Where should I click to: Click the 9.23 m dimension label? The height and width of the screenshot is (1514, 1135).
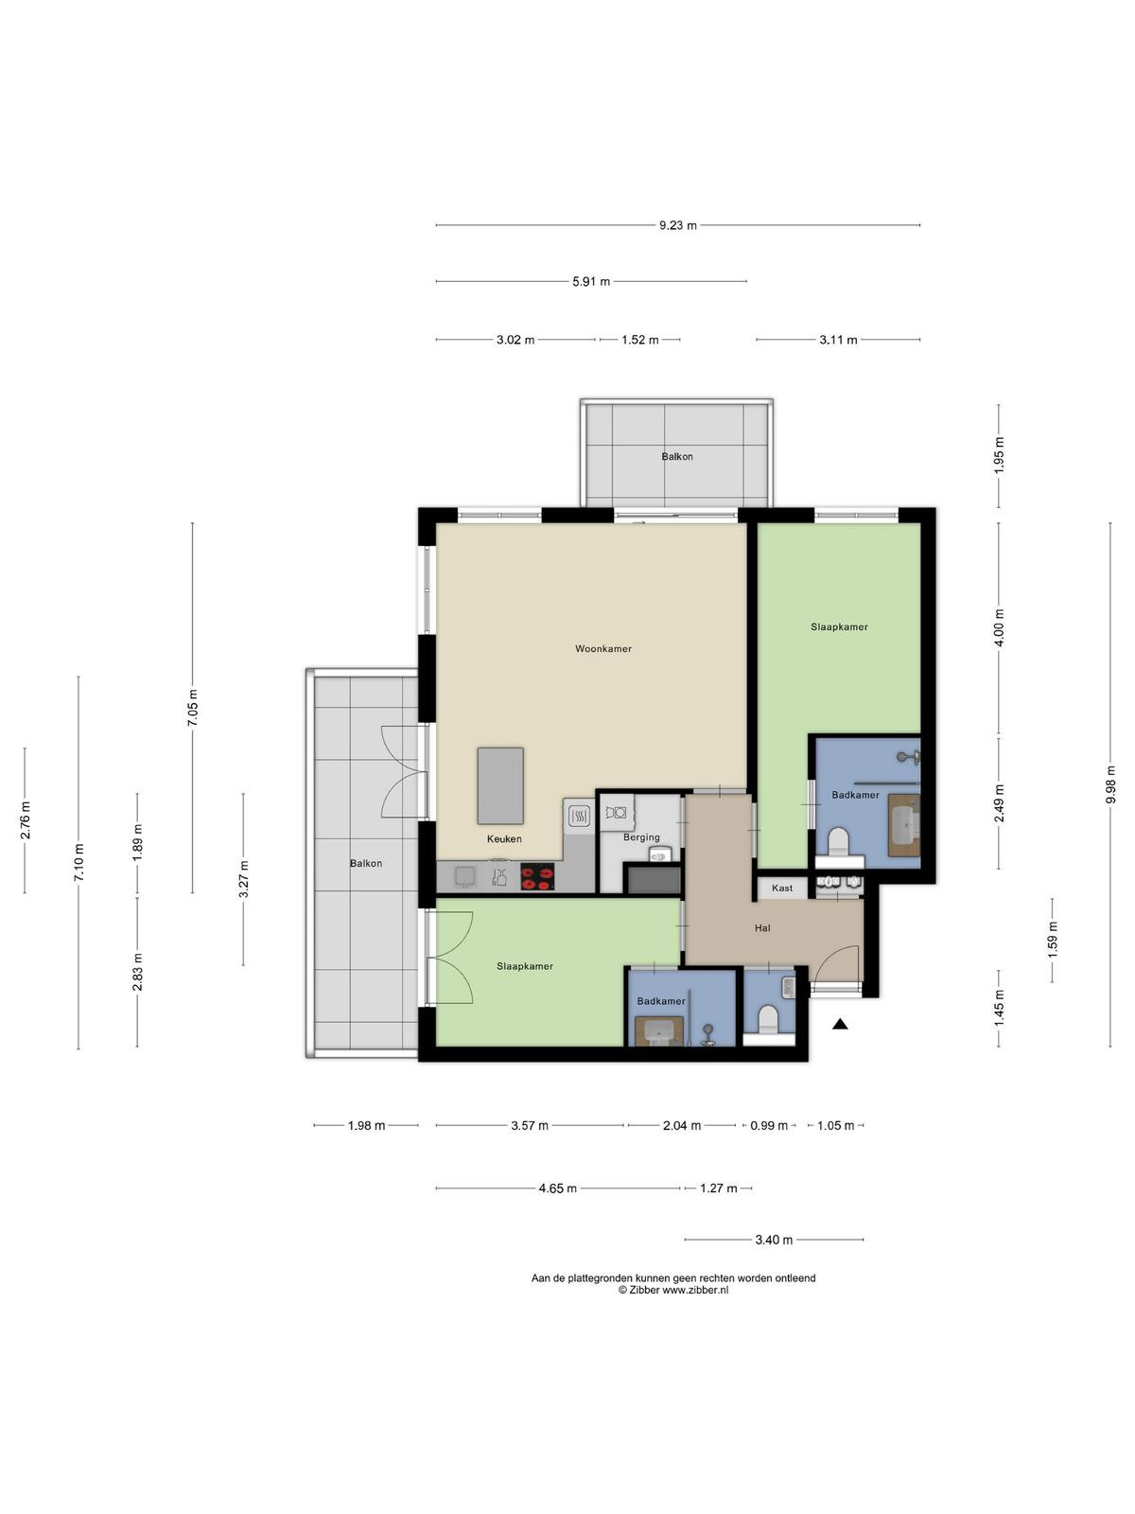pyautogui.click(x=677, y=225)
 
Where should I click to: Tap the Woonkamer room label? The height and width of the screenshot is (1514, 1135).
pyautogui.click(x=603, y=648)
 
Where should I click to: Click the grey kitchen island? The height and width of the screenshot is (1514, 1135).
pyautogui.click(x=500, y=785)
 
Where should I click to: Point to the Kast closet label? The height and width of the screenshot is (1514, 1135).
pyautogui.click(x=782, y=888)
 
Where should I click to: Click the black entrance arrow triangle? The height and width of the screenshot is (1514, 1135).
pyautogui.click(x=839, y=1024)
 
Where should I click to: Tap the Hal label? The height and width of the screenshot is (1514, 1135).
pyautogui.click(x=762, y=928)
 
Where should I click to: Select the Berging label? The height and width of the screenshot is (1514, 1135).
pyautogui.click(x=641, y=837)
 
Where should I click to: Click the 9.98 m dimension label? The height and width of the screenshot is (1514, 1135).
pyautogui.click(x=1110, y=784)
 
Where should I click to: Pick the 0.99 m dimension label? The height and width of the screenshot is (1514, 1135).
pyautogui.click(x=769, y=1126)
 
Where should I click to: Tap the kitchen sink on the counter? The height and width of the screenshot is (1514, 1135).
pyautogui.click(x=464, y=876)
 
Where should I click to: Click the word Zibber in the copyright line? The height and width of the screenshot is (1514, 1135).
pyautogui.click(x=644, y=1291)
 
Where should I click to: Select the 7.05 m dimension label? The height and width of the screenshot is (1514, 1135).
pyautogui.click(x=193, y=708)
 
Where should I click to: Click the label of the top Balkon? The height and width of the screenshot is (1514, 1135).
pyautogui.click(x=677, y=457)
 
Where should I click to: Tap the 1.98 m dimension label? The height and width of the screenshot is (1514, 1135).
pyautogui.click(x=366, y=1126)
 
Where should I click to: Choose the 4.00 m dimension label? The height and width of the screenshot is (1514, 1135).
pyautogui.click(x=999, y=627)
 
